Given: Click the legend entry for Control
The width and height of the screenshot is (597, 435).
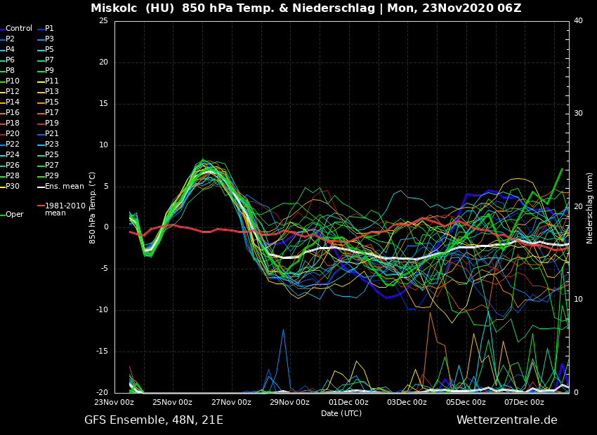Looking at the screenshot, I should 19,29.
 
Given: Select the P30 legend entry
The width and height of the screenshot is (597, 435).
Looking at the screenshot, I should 13,187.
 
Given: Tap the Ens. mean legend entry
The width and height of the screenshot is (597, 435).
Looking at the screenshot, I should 64,187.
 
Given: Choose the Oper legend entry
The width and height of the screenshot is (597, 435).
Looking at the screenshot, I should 14,215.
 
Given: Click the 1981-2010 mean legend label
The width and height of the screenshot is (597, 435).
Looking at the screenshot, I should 65,209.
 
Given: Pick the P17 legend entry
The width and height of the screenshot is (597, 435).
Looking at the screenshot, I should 52,113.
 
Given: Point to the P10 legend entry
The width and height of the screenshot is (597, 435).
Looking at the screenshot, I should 13,81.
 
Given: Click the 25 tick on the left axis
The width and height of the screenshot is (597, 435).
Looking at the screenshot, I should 103,21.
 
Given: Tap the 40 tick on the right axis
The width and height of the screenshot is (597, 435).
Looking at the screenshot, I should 578,21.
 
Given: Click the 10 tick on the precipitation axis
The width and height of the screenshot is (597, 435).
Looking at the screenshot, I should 578,300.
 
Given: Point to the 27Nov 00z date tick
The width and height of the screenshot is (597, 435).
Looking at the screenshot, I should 231,402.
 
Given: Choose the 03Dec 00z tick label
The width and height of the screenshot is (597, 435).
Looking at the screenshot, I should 407,402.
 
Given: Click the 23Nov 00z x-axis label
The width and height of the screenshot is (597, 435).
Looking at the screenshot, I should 114,402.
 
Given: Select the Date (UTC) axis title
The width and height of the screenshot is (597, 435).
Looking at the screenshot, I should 341,413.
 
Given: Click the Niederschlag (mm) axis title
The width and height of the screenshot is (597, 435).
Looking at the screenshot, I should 590,208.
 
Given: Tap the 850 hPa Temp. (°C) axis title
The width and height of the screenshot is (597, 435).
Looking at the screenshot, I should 93,208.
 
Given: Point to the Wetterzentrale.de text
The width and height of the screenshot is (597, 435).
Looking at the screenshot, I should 506,420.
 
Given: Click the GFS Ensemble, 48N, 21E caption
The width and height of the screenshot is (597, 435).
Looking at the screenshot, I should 154,420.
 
